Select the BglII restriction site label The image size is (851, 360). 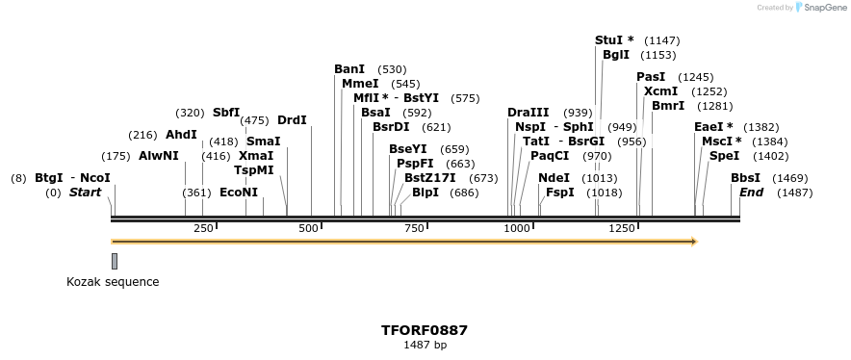pyautogui.click(x=615, y=55)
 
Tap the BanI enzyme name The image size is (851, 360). pyautogui.click(x=349, y=69)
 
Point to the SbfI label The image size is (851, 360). pyautogui.click(x=226, y=113)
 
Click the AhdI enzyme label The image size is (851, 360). pyautogui.click(x=181, y=135)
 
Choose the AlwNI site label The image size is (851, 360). pyautogui.click(x=159, y=156)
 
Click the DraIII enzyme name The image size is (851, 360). pyautogui.click(x=528, y=113)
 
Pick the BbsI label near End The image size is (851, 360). pyautogui.click(x=745, y=178)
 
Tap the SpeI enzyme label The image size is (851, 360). pyautogui.click(x=724, y=156)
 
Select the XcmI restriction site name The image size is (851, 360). pyautogui.click(x=660, y=91)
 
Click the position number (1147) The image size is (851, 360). pyautogui.click(x=662, y=40)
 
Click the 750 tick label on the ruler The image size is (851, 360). pyautogui.click(x=415, y=228)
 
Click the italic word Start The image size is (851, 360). pyautogui.click(x=85, y=193)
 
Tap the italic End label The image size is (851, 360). pyautogui.click(x=751, y=193)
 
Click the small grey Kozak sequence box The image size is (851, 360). pyautogui.click(x=115, y=261)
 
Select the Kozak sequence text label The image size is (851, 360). pyautogui.click(x=113, y=282)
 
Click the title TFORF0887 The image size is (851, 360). pyautogui.click(x=425, y=330)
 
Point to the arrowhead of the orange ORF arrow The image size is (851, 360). pyautogui.click(x=692, y=241)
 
